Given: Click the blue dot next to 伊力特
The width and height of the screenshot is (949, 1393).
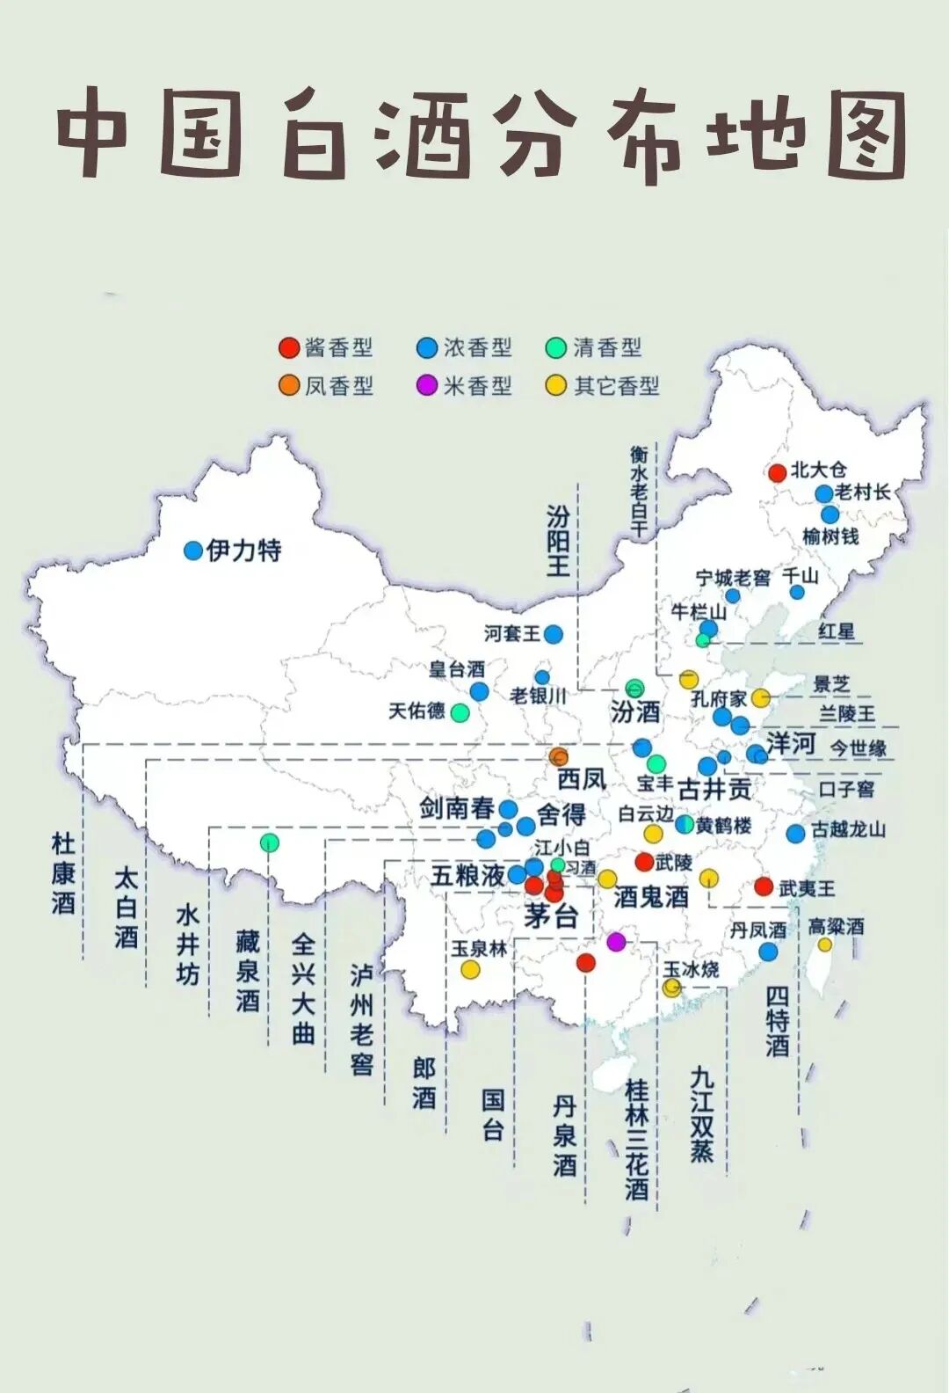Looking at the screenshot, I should [193, 551].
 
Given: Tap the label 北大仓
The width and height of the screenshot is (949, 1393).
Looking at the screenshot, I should [819, 470].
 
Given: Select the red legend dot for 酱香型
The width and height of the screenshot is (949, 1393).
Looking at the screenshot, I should [289, 347].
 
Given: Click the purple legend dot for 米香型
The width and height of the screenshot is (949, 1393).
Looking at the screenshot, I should [427, 385].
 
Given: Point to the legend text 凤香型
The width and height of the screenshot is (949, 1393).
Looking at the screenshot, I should [339, 386].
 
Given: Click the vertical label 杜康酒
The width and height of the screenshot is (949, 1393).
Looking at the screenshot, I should [63, 873].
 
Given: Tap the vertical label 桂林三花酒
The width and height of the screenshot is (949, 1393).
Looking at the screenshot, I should [637, 1140].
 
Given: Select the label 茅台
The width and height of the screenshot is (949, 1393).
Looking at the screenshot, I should [551, 915].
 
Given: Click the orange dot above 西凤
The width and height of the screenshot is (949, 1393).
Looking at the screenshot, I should [559, 756].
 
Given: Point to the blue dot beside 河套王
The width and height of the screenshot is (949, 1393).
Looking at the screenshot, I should [553, 633].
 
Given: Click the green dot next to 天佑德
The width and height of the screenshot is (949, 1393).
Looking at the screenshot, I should [460, 712].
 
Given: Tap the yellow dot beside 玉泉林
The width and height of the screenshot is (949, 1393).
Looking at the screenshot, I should [471, 969].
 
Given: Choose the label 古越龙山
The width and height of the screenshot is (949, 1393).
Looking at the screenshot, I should [848, 829].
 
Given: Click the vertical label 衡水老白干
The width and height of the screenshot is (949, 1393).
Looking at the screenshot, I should [639, 492].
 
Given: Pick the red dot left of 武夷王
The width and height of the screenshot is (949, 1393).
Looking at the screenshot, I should [764, 886].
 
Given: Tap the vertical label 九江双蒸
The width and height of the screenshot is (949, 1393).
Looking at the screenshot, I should [701, 1114].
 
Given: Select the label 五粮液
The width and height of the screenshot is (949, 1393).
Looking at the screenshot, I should [467, 875].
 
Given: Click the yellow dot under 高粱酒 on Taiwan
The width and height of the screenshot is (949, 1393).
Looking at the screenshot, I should [824, 944].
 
